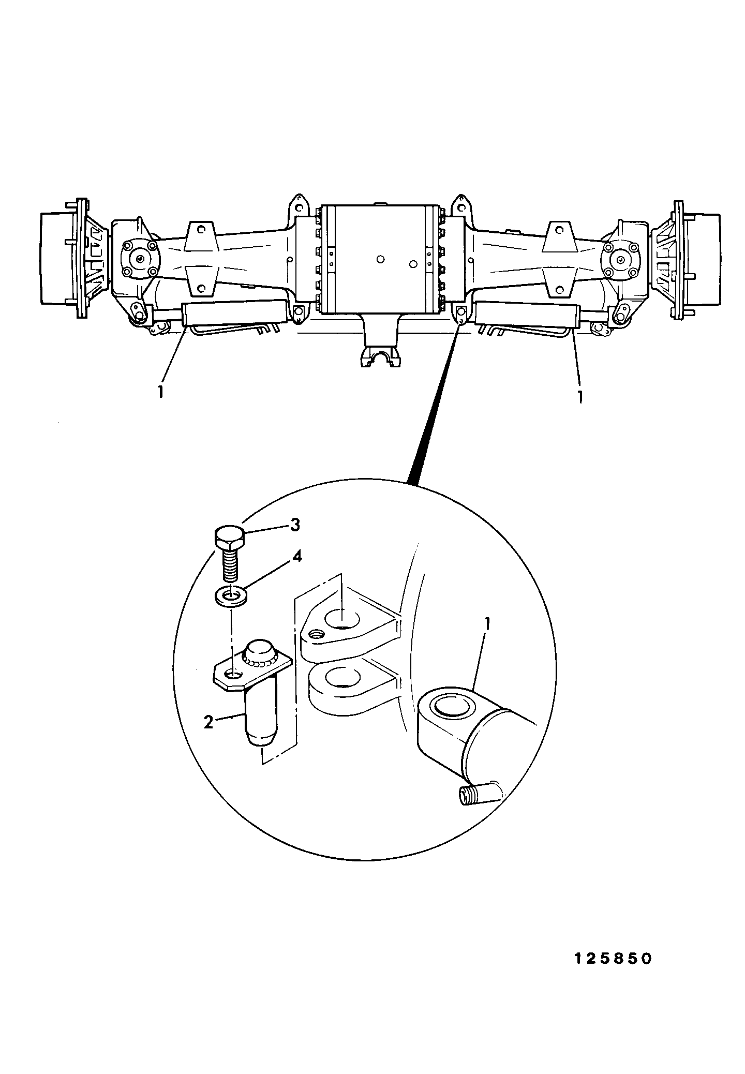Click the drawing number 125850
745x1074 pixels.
[x=613, y=958]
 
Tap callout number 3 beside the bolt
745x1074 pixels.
[x=294, y=525]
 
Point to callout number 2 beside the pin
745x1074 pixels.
[x=208, y=722]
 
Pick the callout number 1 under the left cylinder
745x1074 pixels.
[x=161, y=392]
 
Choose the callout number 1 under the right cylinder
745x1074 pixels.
[x=580, y=396]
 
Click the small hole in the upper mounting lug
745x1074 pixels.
[x=314, y=634]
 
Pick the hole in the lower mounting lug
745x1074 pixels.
[x=342, y=677]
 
